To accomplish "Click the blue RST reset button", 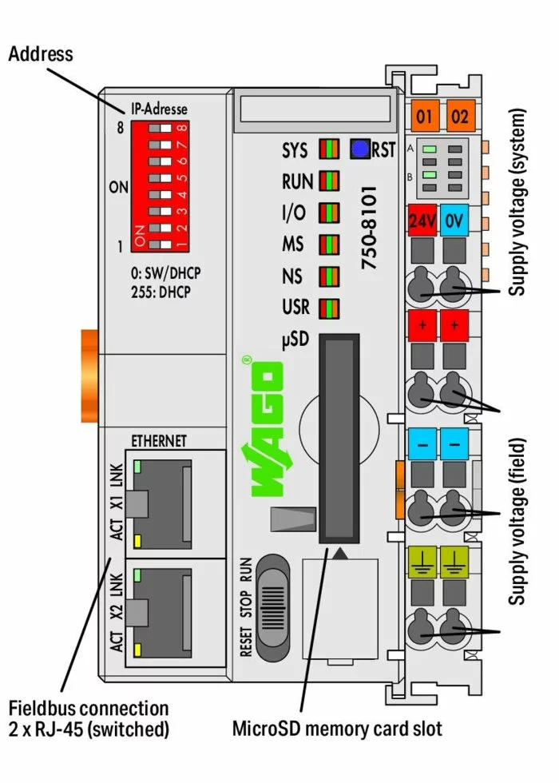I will click(x=359, y=149).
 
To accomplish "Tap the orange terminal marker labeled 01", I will click(x=423, y=117).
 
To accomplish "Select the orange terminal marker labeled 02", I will click(x=458, y=117).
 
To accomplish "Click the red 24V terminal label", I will click(x=422, y=221).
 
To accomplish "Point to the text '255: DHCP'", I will click(x=166, y=292).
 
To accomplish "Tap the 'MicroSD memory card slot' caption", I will click(x=336, y=728).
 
